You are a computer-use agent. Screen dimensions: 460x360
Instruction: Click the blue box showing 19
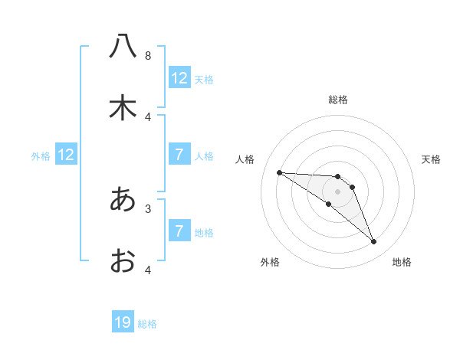pyautogui.click(x=123, y=322)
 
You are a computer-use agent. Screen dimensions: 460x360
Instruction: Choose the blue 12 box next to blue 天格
pyautogui.click(x=179, y=78)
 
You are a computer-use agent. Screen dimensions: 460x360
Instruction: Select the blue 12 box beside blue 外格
pyautogui.click(x=66, y=155)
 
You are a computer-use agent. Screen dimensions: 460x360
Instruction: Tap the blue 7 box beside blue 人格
pyautogui.click(x=179, y=155)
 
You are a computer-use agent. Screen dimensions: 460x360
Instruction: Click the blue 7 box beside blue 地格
pyautogui.click(x=179, y=231)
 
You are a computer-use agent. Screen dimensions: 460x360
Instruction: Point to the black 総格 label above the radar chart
pyautogui.click(x=338, y=100)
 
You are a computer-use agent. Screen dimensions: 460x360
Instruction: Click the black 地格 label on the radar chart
pyautogui.click(x=402, y=262)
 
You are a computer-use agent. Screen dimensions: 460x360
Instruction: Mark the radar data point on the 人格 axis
pyautogui.click(x=279, y=172)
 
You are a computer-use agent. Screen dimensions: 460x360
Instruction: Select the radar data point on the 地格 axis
pyautogui.click(x=374, y=242)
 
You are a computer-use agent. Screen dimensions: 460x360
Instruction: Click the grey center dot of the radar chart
pyautogui.click(x=338, y=191)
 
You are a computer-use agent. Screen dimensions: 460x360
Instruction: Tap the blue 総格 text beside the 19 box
pyautogui.click(x=147, y=324)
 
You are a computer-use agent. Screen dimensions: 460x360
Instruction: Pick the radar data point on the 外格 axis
pyautogui.click(x=329, y=204)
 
